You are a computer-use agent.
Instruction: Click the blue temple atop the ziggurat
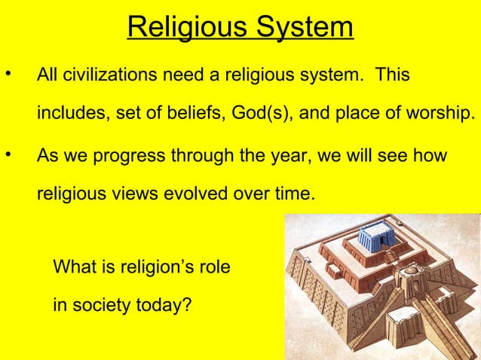click(375, 239)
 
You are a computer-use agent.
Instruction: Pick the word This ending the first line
click(393, 76)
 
